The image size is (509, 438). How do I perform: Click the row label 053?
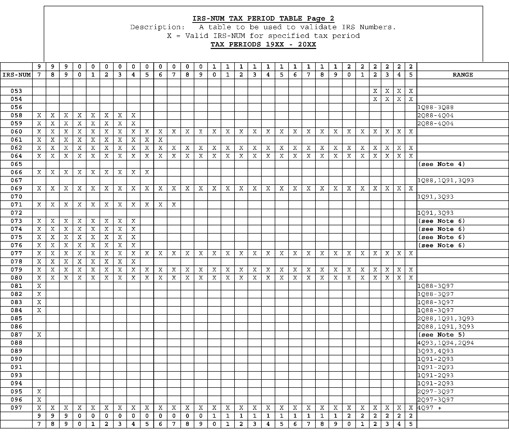point(16,91)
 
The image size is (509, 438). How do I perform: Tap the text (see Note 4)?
point(441,164)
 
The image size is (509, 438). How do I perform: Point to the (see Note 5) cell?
point(441,335)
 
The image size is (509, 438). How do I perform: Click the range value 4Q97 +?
point(429,408)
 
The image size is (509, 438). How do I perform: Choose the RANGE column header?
point(462,75)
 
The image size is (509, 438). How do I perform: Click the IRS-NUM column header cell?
point(16,75)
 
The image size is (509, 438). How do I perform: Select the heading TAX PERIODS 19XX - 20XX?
point(263,44)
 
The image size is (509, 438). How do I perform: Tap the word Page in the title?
point(316,19)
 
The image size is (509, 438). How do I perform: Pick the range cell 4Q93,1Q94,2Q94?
point(445,343)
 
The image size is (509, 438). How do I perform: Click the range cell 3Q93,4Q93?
point(435,351)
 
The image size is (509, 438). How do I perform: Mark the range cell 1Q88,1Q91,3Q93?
point(445,180)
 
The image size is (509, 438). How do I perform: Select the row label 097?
point(16,408)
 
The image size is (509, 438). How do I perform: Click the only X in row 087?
point(39,335)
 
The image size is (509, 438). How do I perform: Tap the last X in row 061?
point(160,140)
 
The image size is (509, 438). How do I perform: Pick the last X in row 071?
point(174,205)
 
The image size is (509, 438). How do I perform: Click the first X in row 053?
point(375,91)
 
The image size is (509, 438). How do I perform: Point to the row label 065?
point(16,164)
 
